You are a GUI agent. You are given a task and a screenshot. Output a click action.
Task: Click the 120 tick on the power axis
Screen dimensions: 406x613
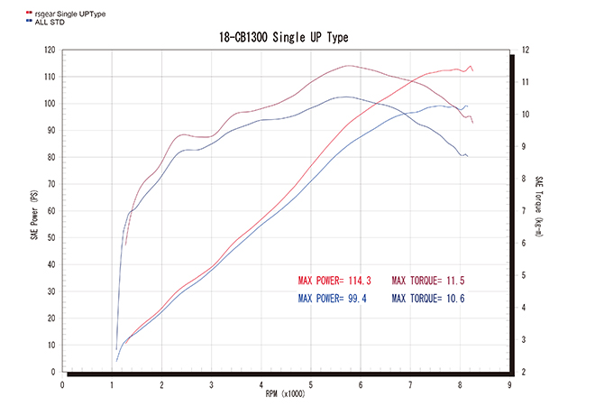(50, 51)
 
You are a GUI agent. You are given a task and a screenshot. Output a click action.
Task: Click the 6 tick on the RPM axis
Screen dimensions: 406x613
(361, 383)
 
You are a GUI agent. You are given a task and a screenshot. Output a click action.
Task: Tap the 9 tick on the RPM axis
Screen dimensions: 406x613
(509, 383)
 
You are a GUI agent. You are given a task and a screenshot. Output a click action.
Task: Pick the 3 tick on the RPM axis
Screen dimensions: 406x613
(211, 383)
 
